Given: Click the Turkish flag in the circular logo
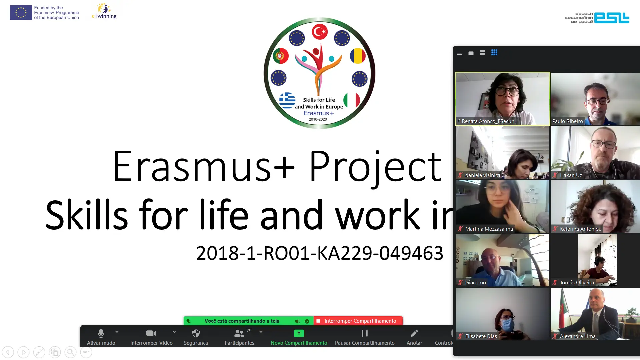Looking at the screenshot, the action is point(320,32).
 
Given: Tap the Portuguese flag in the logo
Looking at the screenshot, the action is point(281,56).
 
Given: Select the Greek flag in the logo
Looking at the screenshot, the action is point(287,100).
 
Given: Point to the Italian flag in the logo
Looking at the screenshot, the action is point(352,100).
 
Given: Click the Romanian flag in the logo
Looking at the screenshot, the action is point(358,56).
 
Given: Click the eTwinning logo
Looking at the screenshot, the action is point(104,11).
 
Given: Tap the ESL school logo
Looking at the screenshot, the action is point(597,18).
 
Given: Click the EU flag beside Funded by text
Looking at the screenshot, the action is point(21,13).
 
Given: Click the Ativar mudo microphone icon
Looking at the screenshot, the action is point(101,333).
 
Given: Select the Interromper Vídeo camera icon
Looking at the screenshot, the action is point(151,333).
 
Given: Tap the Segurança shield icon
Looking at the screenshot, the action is point(196,333).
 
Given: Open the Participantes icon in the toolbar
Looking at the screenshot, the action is point(239,333).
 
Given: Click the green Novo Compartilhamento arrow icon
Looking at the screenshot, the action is point(299,333).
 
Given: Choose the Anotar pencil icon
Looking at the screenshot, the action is point(414,333).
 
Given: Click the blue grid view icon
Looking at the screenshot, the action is point(494,52).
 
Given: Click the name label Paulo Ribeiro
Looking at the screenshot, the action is point(568,121).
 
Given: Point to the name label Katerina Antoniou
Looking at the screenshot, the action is point(581,229).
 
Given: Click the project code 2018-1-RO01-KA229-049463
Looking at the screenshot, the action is point(320,253).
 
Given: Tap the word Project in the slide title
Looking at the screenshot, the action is point(376,167).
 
